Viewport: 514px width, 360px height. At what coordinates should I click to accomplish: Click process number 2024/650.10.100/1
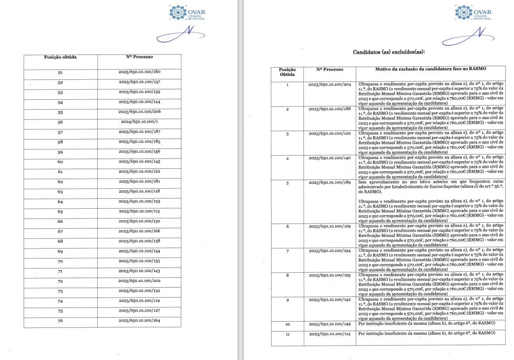(140, 122)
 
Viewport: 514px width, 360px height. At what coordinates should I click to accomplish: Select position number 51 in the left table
(60, 72)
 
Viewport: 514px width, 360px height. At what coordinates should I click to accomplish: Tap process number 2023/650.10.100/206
(140, 112)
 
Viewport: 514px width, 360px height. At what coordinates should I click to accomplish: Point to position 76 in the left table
(60, 321)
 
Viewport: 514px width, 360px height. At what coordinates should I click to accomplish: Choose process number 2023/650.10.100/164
(140, 321)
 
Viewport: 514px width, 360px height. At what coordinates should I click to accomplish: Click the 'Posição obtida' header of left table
(60, 57)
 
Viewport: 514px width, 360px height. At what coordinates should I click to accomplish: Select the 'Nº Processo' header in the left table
(140, 57)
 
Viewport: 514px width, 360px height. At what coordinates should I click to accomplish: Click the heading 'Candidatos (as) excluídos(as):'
(388, 52)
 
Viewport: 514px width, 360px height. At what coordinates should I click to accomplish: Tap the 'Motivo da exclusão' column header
(430, 69)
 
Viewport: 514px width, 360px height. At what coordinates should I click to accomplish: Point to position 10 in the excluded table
(287, 324)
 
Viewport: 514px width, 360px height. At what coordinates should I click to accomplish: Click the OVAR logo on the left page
(187, 13)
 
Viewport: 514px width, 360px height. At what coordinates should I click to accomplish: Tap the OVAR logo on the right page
(473, 13)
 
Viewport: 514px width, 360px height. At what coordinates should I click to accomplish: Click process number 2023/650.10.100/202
(140, 281)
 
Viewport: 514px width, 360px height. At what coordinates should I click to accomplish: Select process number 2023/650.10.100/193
(140, 201)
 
